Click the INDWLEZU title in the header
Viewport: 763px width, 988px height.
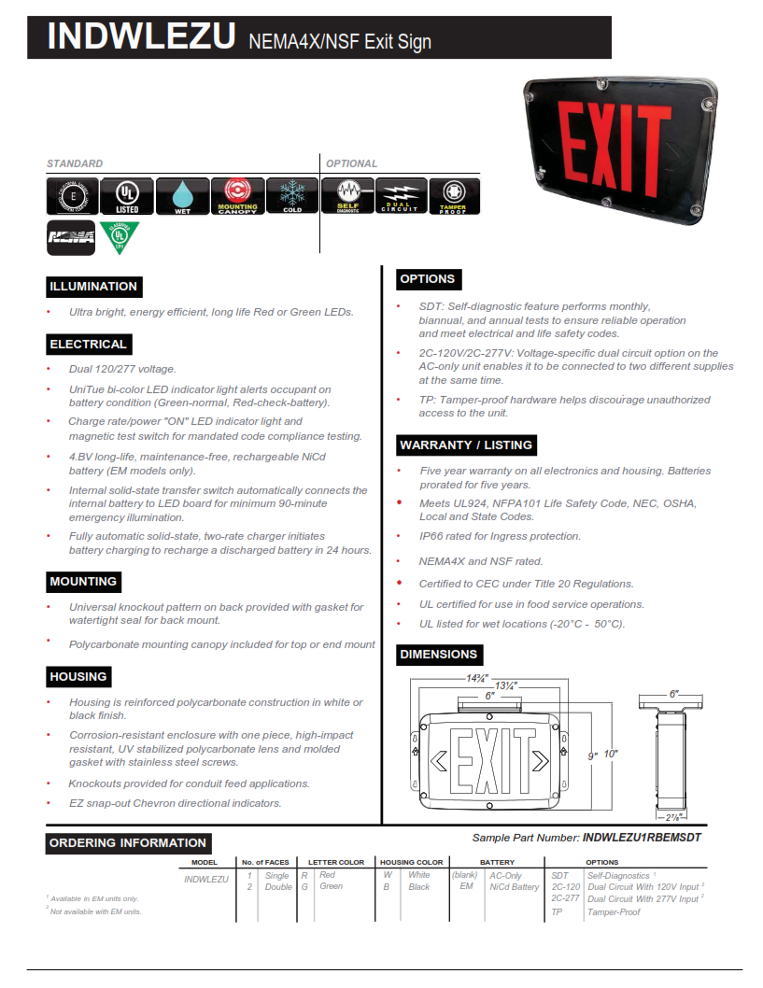pyautogui.click(x=141, y=36)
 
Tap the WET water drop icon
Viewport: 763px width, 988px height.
pyautogui.click(x=182, y=195)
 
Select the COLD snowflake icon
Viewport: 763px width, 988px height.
pyautogui.click(x=292, y=195)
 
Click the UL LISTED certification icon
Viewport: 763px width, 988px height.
pyautogui.click(x=127, y=195)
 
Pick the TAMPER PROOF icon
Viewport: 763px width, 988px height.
pyautogui.click(x=454, y=195)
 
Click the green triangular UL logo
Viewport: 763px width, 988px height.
pyautogui.click(x=120, y=237)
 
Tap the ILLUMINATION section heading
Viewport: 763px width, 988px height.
pyautogui.click(x=93, y=287)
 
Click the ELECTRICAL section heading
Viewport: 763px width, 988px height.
pyautogui.click(x=88, y=345)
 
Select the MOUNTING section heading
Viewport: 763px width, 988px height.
pyautogui.click(x=83, y=582)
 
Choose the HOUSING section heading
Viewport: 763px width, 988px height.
pyautogui.click(x=78, y=677)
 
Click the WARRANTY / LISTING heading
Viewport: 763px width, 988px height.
pyautogui.click(x=466, y=445)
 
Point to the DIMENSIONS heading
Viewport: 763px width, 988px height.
pyautogui.click(x=439, y=655)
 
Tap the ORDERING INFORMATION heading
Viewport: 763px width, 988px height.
pyautogui.click(x=127, y=843)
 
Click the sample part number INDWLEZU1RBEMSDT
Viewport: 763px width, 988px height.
pyautogui.click(x=641, y=838)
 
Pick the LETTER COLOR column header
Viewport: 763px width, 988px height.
pyautogui.click(x=336, y=862)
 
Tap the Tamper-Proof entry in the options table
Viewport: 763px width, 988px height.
pyautogui.click(x=614, y=912)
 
